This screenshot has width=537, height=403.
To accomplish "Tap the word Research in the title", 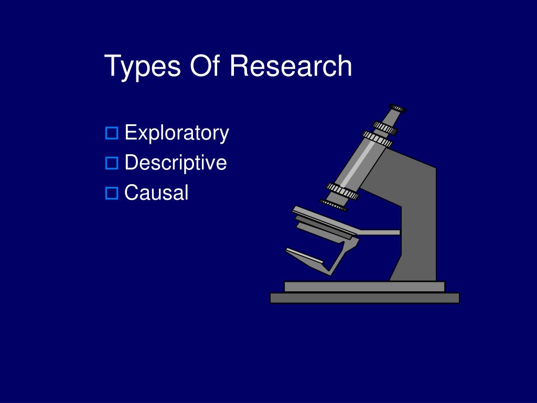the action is [x=291, y=66].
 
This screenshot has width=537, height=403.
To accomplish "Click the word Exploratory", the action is [x=177, y=133].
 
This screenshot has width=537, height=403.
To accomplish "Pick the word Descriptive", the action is [x=176, y=163].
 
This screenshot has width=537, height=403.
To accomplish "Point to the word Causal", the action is [x=156, y=192].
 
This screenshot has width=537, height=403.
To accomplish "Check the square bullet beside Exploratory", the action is [x=112, y=133].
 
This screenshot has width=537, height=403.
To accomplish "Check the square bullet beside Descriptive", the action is [x=112, y=163].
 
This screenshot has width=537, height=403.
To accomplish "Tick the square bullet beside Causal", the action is [x=112, y=193].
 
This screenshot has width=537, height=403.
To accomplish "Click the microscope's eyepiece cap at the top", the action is [x=398, y=108].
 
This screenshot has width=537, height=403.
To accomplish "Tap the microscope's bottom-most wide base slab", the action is [x=365, y=298].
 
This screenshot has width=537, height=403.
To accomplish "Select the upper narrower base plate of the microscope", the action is [x=365, y=287].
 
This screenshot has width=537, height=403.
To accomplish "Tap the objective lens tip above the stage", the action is [x=333, y=205].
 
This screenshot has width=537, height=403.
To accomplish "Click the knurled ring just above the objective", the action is [x=342, y=191].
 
